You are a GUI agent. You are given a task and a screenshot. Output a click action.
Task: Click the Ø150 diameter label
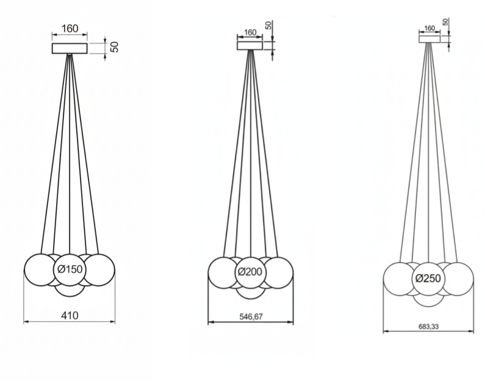(70, 269)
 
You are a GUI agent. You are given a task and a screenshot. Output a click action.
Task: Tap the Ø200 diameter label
(250, 272)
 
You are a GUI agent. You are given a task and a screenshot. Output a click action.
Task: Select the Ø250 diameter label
(428, 279)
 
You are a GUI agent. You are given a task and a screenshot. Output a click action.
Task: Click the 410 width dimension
(70, 316)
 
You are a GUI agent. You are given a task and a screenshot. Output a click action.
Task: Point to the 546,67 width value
(251, 316)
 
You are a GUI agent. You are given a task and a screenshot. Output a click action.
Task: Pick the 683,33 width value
(429, 327)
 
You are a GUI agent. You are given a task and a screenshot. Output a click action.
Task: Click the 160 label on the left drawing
(70, 29)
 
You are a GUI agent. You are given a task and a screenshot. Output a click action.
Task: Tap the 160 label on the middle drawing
(250, 32)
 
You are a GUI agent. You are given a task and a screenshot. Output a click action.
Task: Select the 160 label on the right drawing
(429, 29)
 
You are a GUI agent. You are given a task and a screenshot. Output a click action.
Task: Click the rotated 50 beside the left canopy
(114, 47)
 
